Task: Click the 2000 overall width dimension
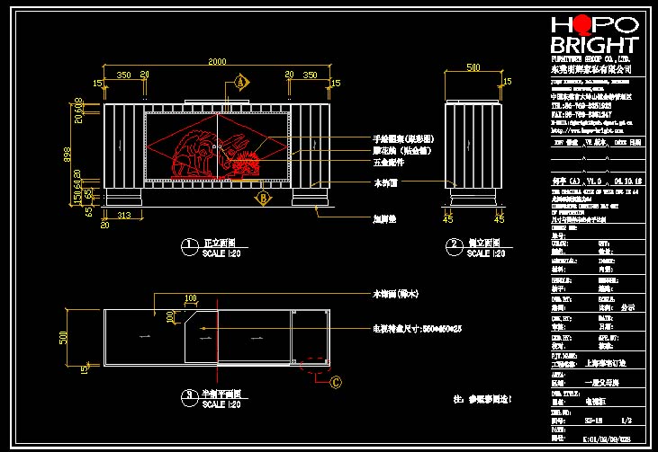218,61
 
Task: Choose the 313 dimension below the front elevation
124,215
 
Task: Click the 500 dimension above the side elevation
473,67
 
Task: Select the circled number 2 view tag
450,244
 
